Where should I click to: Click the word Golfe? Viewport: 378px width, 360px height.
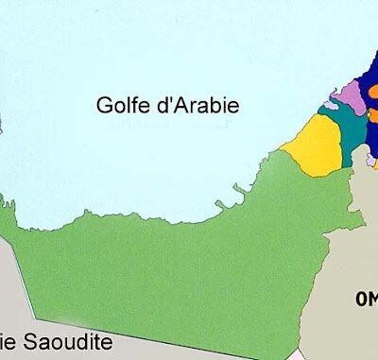(119, 106)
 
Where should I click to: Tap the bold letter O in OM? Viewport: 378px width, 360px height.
(362, 300)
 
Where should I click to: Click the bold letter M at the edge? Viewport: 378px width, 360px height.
(374, 300)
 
